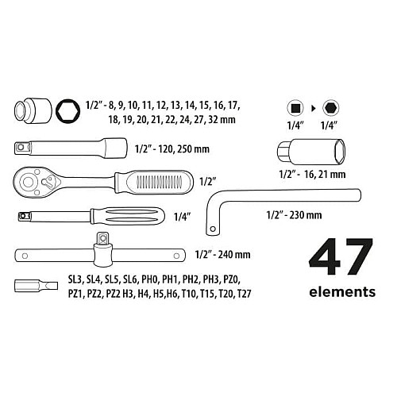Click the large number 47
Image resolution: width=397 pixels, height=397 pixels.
tap(341, 256)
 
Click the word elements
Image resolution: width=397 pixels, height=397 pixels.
tap(342, 292)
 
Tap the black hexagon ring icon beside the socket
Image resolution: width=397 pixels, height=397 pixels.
tap(68, 111)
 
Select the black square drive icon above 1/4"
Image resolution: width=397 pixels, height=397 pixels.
tap(295, 108)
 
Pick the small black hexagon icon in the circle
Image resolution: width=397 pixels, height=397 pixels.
tap(331, 108)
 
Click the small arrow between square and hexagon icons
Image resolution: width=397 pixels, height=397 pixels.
tap(314, 108)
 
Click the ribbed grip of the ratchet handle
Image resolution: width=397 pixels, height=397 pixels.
tap(154, 183)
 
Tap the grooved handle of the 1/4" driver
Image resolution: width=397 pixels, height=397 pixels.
tap(128, 216)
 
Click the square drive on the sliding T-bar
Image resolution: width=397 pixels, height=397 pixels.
tap(102, 238)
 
